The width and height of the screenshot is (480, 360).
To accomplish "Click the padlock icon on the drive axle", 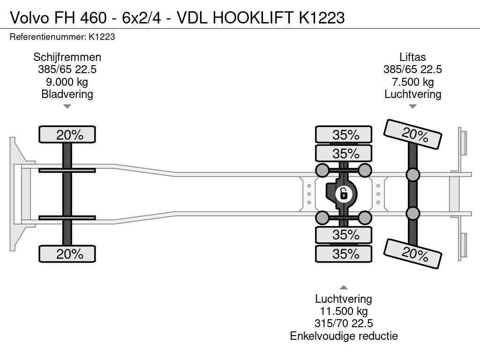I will pyautogui.click(x=344, y=193).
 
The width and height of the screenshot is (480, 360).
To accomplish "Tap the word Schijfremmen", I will pyautogui.click(x=67, y=57).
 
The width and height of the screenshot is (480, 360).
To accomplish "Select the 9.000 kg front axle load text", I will pyautogui.click(x=67, y=82).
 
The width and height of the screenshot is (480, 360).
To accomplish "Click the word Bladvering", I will pyautogui.click(x=67, y=94).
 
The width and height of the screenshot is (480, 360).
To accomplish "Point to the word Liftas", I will pyautogui.click(x=412, y=57).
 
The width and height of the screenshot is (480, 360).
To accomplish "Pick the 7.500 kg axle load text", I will pyautogui.click(x=412, y=82).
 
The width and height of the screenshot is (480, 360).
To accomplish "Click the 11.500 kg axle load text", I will pyautogui.click(x=344, y=311).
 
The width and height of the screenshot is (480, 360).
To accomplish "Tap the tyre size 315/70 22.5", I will pyautogui.click(x=344, y=323).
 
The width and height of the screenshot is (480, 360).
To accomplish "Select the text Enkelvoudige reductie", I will pyautogui.click(x=344, y=336).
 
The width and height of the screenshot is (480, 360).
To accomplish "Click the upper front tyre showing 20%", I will pyautogui.click(x=67, y=135).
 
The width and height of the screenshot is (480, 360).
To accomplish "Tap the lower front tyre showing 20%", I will pyautogui.click(x=67, y=254).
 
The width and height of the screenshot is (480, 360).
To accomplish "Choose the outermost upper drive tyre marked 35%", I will pyautogui.click(x=344, y=135).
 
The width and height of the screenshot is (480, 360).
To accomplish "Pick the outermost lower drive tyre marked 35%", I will pyautogui.click(x=344, y=254).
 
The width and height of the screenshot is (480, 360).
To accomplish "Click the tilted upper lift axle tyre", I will pyautogui.click(x=412, y=135).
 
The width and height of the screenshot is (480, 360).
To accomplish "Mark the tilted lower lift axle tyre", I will pyautogui.click(x=412, y=254).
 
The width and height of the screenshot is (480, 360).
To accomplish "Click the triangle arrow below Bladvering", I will pyautogui.click(x=67, y=106).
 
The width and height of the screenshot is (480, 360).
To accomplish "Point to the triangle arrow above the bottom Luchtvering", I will pyautogui.click(x=344, y=287).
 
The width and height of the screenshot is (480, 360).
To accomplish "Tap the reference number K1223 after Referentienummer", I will pyautogui.click(x=102, y=37).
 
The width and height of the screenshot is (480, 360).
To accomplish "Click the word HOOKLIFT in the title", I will pyautogui.click(x=254, y=17).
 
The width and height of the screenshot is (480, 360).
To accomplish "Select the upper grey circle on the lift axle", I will pyautogui.click(x=412, y=175).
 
